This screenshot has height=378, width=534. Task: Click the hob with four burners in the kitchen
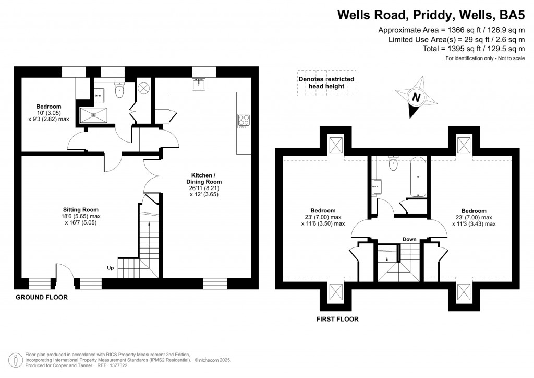[x=244, y=121]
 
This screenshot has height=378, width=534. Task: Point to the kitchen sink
[x=199, y=85]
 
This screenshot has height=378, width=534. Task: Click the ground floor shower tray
[x=94, y=115]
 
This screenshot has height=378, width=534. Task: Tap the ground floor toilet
[x=119, y=91]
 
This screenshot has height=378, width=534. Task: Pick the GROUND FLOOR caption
[x=42, y=297]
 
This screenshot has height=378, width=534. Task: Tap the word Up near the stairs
[x=111, y=268]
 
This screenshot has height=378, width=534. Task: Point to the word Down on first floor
[x=409, y=239]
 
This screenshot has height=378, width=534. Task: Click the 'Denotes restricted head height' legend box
[x=326, y=83]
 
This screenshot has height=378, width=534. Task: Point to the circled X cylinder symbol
[x=144, y=88]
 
